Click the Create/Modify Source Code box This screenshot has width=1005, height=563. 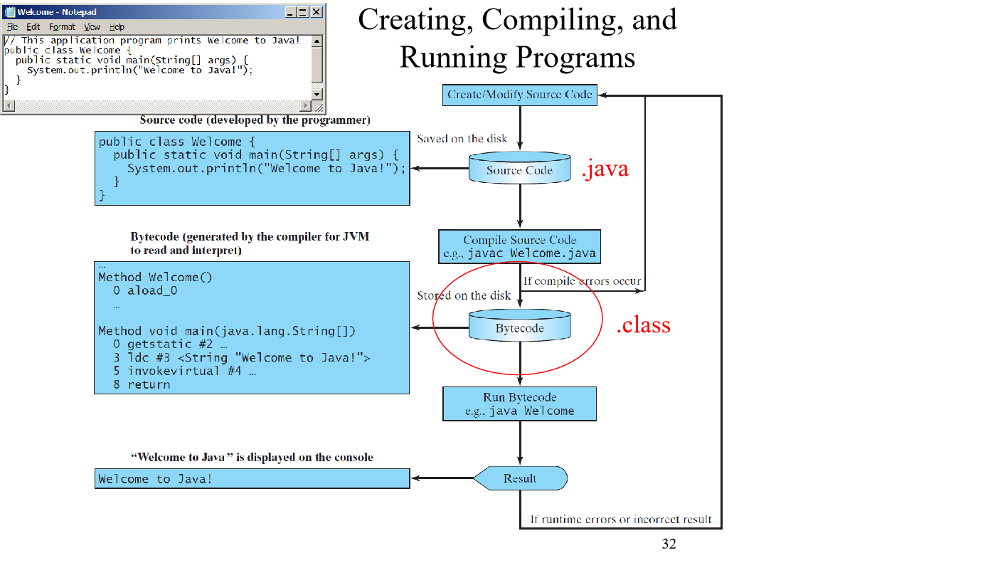click(520, 95)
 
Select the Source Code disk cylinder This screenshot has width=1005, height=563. click(520, 169)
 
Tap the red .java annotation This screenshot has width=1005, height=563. click(605, 170)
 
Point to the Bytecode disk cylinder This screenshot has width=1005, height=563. click(520, 327)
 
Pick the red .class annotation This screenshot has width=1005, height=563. click(643, 325)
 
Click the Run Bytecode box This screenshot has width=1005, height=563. click(520, 404)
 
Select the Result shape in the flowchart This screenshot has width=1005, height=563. click(520, 478)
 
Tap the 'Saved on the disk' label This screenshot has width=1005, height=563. click(462, 139)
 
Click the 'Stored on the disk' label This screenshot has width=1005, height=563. click(464, 295)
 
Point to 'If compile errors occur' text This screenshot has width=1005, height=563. click(582, 281)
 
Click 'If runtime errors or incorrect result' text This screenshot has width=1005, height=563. click(621, 519)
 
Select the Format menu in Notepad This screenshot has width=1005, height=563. click(62, 27)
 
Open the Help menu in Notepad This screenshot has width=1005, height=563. click(117, 27)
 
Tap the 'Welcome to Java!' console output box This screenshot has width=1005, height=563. click(252, 479)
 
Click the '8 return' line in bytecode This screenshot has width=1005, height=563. click(142, 384)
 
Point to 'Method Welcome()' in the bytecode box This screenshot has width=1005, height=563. click(155, 277)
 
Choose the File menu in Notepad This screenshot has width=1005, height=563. click(13, 27)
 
